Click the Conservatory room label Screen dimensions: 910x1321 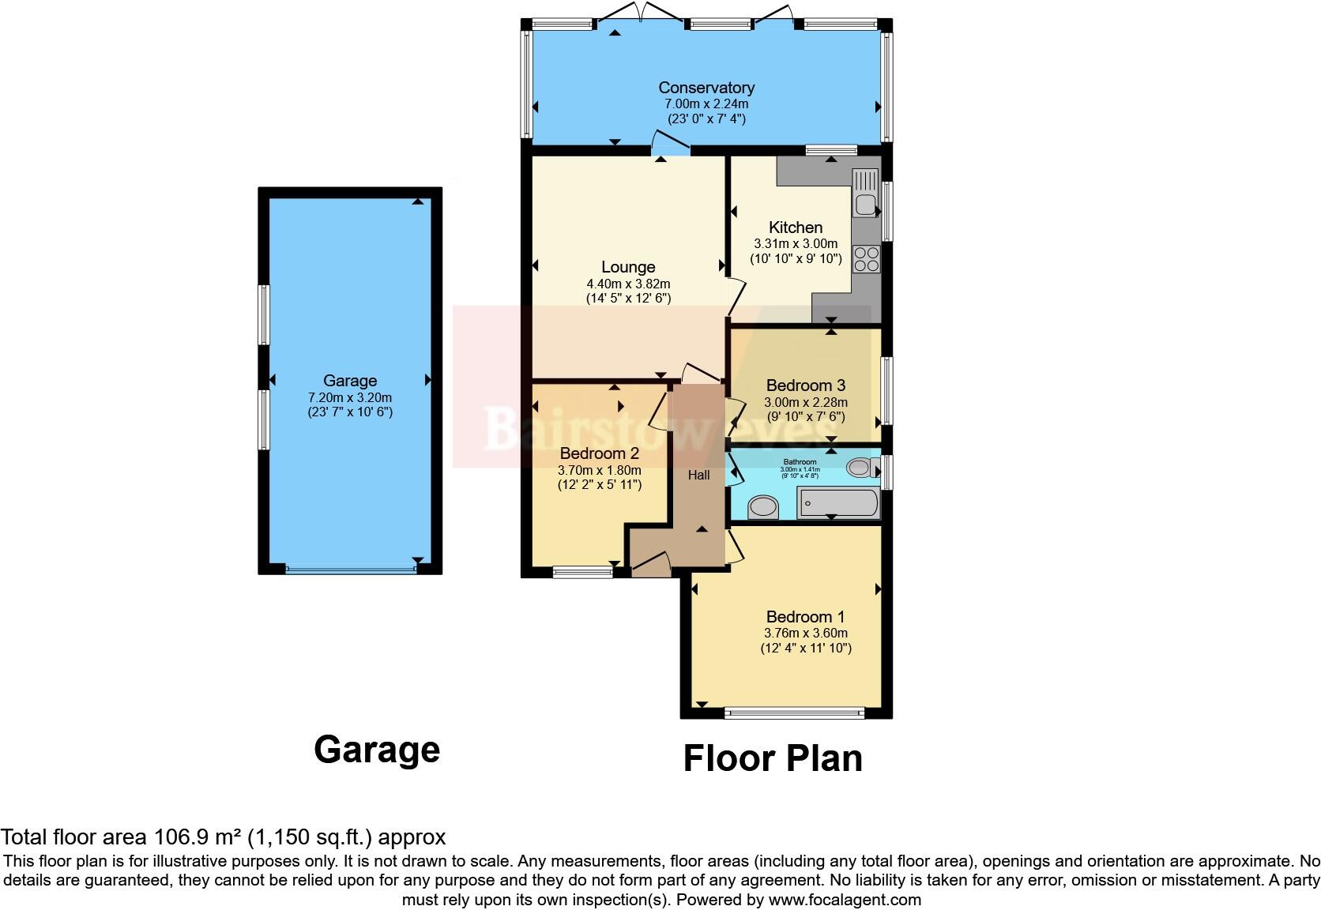pyautogui.click(x=706, y=88)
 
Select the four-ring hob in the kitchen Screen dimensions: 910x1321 pyautogui.click(x=866, y=259)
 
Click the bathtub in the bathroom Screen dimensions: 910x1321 pyautogui.click(x=837, y=502)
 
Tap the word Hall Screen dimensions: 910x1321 pyautogui.click(x=698, y=475)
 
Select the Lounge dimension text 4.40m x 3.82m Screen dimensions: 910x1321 pyautogui.click(x=628, y=284)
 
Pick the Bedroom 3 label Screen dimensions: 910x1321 pyautogui.click(x=805, y=385)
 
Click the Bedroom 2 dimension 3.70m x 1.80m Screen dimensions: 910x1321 pyautogui.click(x=599, y=470)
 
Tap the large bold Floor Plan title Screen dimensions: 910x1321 pyautogui.click(x=772, y=758)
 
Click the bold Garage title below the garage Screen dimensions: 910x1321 pyautogui.click(x=376, y=750)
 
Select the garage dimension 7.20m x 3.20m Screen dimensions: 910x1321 pyautogui.click(x=349, y=397)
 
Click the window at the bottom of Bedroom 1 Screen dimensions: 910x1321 pyautogui.click(x=794, y=713)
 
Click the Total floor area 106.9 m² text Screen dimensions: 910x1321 pyautogui.click(x=223, y=837)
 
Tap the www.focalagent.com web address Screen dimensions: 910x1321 pyautogui.click(x=844, y=900)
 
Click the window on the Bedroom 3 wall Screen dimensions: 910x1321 pyautogui.click(x=886, y=391)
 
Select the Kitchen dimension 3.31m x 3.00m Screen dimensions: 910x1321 pyautogui.click(x=796, y=244)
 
